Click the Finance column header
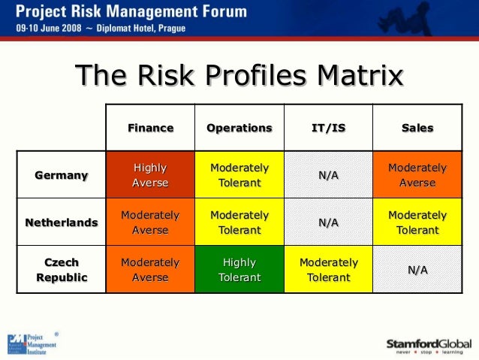click(150, 128)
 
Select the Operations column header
click(239, 128)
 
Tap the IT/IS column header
click(328, 128)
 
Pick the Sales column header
click(417, 128)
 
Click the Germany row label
click(61, 175)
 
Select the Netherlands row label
click(61, 222)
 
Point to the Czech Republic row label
click(61, 270)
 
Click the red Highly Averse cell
click(150, 175)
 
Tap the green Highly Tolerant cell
click(239, 270)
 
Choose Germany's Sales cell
click(417, 175)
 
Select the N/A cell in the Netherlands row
click(328, 222)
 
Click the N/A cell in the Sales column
click(417, 270)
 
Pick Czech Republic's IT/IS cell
click(328, 270)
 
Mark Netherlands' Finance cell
click(150, 222)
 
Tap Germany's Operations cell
click(239, 175)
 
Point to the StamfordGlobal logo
click(429, 345)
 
